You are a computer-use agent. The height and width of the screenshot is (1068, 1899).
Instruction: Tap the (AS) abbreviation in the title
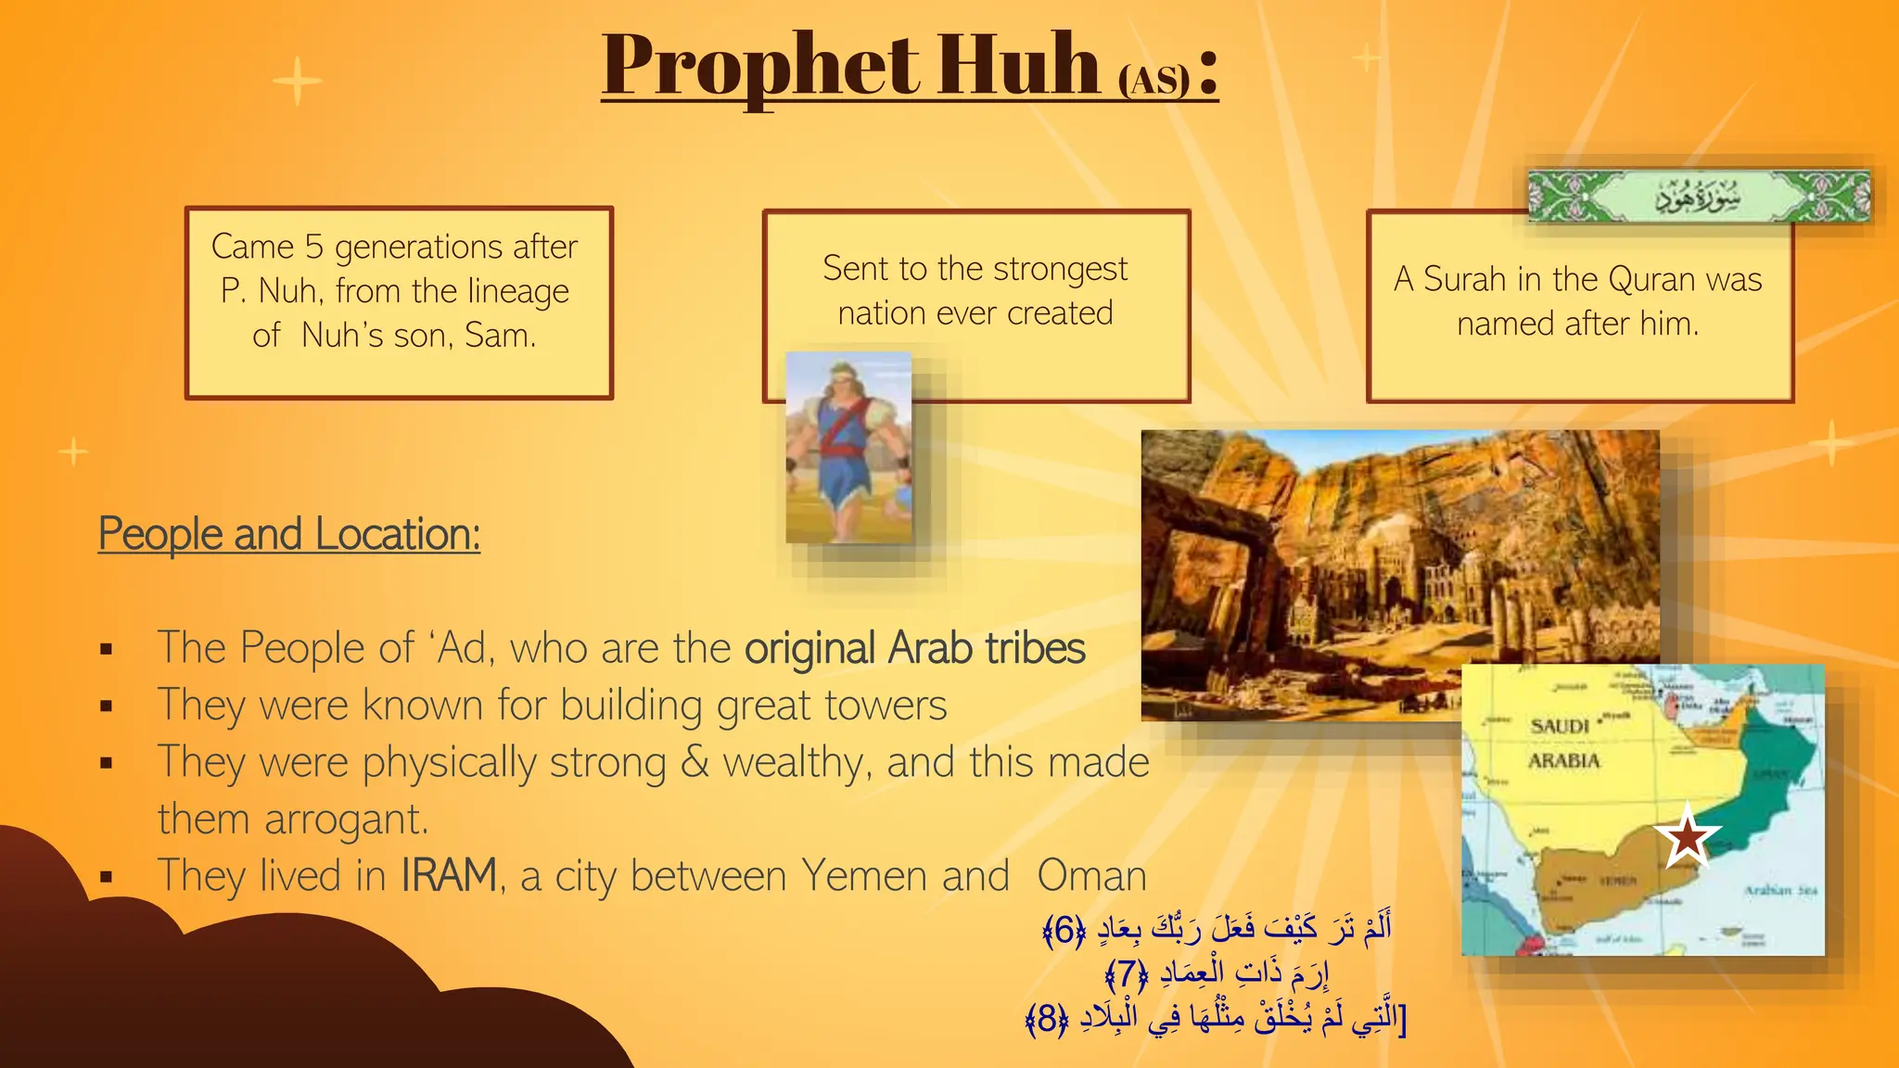1153,80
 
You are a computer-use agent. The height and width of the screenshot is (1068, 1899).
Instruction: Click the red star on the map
1687,836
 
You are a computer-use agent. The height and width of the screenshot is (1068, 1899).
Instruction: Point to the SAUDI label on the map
1560,726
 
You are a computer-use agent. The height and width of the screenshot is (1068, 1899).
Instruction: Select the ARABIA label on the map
1564,761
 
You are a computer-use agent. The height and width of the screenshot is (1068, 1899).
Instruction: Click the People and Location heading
289,534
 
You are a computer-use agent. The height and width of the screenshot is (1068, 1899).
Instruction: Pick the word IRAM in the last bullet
449,875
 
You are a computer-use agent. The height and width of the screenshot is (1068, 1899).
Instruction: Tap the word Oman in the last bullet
1091,875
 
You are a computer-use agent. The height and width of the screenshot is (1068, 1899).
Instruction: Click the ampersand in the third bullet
695,762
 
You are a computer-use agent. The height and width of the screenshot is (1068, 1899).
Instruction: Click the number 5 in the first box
314,247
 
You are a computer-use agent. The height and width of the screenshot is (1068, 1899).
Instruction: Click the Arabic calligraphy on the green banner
1698,197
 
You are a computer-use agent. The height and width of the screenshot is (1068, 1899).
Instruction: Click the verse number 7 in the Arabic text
1127,973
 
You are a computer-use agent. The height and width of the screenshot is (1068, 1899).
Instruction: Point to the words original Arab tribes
914,648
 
